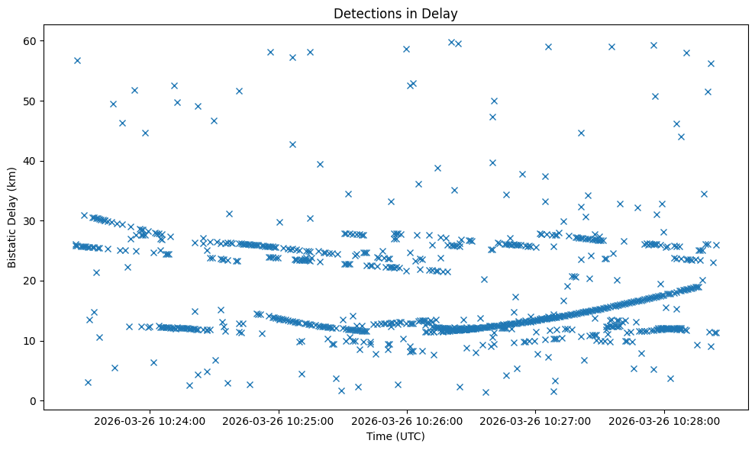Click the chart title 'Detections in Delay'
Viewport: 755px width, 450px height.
tap(395, 14)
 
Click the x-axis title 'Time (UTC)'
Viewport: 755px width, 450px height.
tap(395, 437)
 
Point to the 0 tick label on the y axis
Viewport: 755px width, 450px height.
tap(34, 401)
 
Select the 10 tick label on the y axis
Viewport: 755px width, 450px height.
tap(31, 341)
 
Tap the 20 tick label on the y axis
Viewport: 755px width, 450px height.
tap(31, 281)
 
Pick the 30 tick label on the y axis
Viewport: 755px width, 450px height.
tap(31, 221)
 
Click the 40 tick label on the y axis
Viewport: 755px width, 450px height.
tap(31, 161)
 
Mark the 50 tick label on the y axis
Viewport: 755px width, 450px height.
tap(31, 101)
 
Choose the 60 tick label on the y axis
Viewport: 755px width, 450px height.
tap(31, 40)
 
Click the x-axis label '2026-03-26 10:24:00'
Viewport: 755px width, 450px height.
tap(150, 420)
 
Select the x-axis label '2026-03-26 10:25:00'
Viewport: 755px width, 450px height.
tap(279, 420)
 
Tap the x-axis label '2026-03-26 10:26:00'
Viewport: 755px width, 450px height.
tap(407, 420)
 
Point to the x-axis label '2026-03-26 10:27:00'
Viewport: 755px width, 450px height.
tap(536, 420)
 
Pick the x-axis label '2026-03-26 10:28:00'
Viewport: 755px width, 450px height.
tap(664, 420)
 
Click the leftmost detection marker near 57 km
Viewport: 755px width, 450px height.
tap(77, 60)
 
